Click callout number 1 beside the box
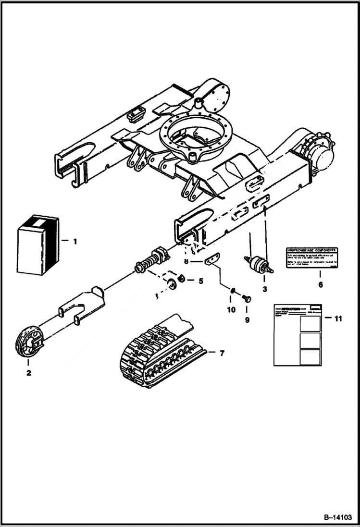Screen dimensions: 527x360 [x=74, y=242]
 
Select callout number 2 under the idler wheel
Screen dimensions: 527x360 [x=28, y=373]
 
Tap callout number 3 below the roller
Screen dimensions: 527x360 [x=264, y=289]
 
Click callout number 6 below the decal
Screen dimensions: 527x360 [x=320, y=284]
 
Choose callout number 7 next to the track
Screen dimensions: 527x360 [x=222, y=354]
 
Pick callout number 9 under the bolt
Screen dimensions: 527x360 [x=247, y=319]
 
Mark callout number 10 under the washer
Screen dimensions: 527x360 [x=231, y=310]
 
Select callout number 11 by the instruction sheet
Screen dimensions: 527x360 [x=338, y=318]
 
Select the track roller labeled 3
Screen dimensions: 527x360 [x=259, y=263]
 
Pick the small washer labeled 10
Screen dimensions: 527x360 [x=232, y=290]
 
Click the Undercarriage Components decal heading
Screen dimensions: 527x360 [x=311, y=251]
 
